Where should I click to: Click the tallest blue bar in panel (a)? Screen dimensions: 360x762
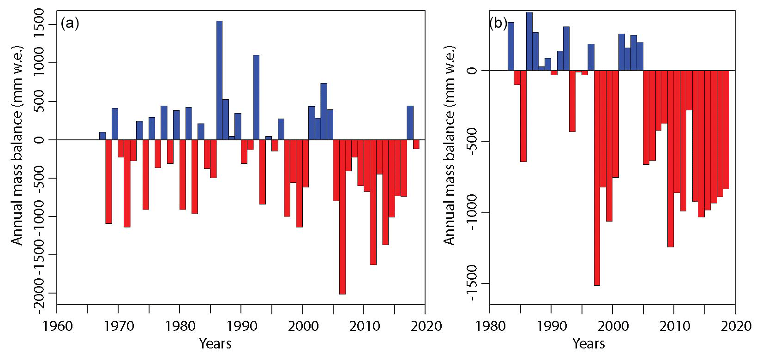tap(219, 80)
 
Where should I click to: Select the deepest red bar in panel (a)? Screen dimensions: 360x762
tap(342, 217)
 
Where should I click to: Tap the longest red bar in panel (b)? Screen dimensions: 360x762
tap(597, 178)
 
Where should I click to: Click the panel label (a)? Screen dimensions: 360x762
tap(70, 23)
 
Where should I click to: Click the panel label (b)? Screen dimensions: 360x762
tap(498, 23)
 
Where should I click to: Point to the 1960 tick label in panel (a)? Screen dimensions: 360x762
tap(57, 326)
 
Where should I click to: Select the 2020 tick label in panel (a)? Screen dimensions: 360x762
tap(425, 326)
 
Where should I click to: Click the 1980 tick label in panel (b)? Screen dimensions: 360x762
tap(490, 326)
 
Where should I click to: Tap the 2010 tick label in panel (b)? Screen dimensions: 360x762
tap(674, 326)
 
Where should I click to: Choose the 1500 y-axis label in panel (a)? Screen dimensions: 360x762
tap(39, 25)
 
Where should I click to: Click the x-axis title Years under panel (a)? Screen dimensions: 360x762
tap(215, 343)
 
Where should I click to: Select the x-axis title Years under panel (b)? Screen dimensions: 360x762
tap(588, 343)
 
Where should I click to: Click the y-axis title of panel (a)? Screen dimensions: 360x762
tap(17, 145)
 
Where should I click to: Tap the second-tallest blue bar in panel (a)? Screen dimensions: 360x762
tap(256, 97)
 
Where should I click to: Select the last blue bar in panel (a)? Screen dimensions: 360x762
tap(410, 123)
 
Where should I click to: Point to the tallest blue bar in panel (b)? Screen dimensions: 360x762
tap(529, 42)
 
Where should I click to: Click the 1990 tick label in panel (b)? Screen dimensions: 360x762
tap(552, 326)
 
